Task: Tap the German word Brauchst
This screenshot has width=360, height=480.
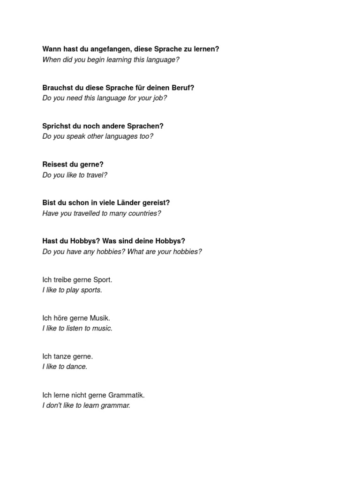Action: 58,88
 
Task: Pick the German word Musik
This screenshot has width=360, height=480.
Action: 100,318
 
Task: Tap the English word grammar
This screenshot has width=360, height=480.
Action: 116,405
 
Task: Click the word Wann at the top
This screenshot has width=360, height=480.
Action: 51,49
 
